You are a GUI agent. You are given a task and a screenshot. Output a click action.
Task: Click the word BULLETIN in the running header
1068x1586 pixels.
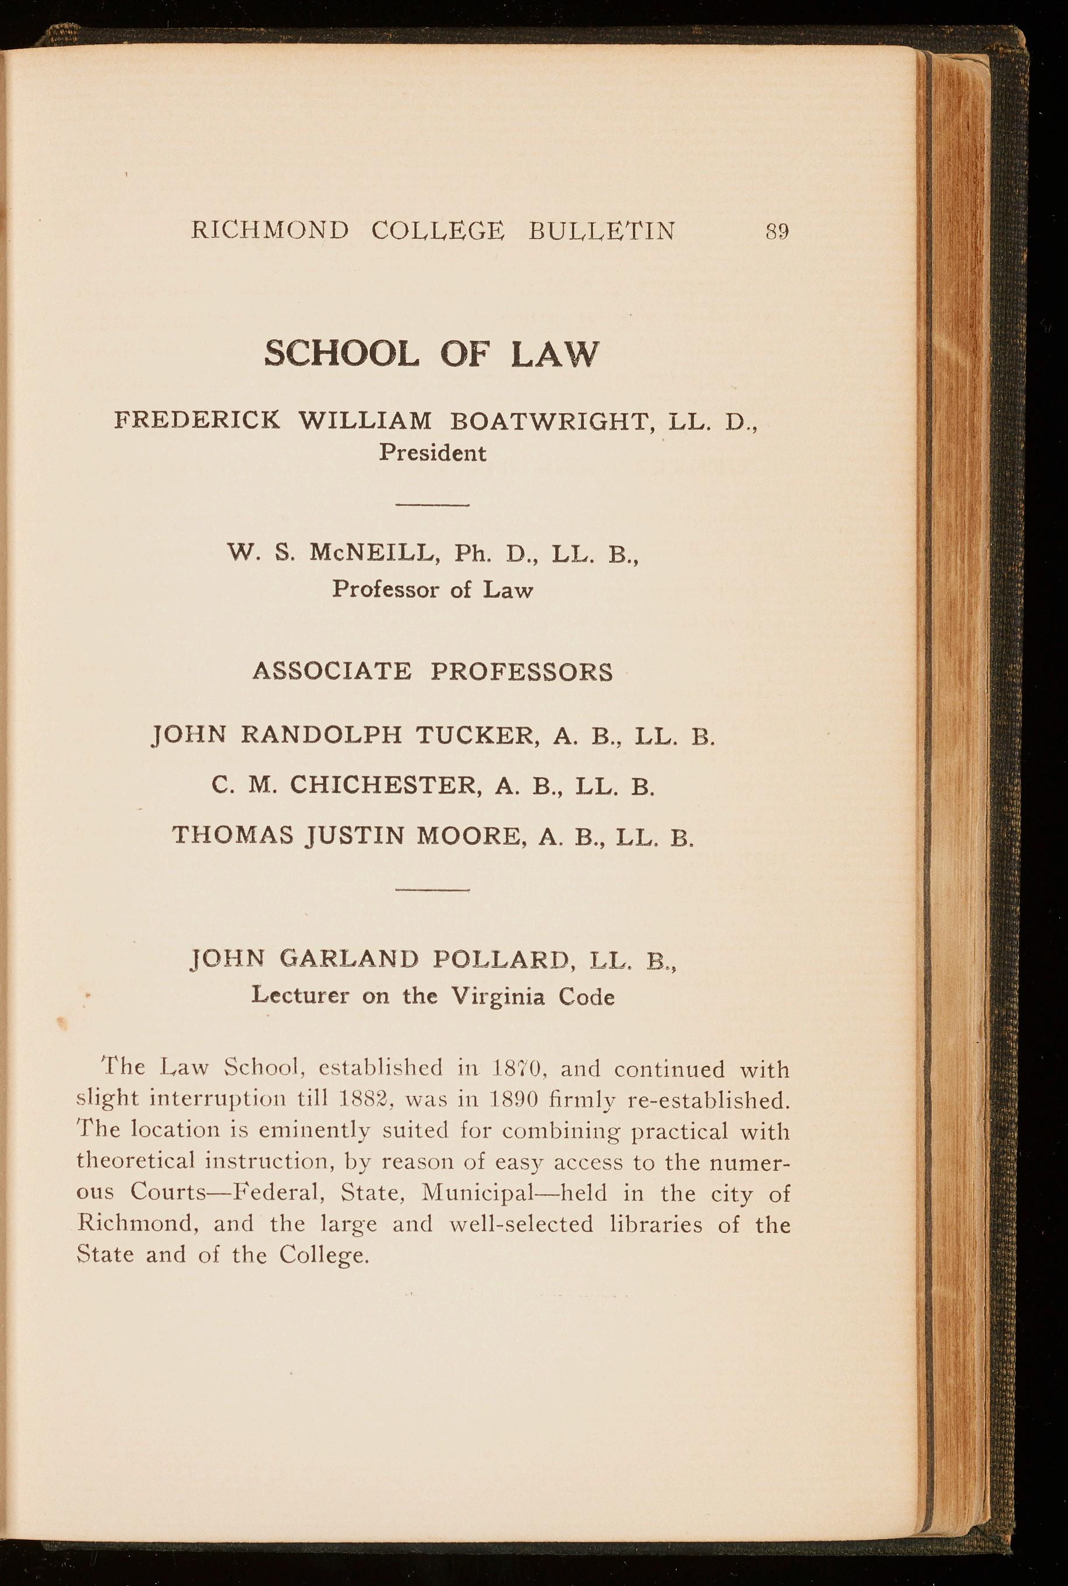click(x=601, y=231)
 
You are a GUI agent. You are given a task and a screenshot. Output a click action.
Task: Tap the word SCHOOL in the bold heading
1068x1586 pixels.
click(x=341, y=354)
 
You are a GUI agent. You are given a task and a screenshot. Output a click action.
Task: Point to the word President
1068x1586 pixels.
click(x=432, y=453)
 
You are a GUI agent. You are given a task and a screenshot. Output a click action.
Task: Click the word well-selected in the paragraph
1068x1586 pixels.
click(x=521, y=1224)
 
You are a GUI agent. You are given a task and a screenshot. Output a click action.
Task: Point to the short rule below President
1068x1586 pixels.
click(x=432, y=505)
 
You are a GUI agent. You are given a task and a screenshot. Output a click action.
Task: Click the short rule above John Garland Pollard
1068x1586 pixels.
click(x=432, y=890)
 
